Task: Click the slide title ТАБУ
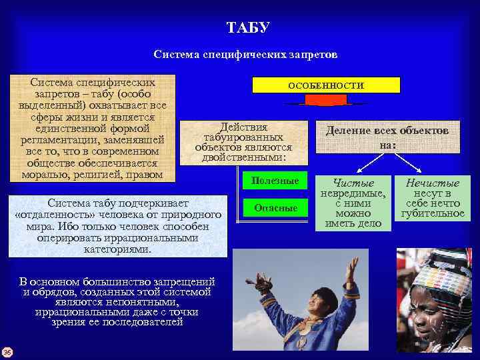coord(248,28)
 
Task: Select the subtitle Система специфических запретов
coord(245,54)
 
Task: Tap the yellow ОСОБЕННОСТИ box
coord(325,85)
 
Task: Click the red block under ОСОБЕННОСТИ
coord(325,100)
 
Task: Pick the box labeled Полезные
coord(275,181)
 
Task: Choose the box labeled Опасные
coord(275,208)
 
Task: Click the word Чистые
coord(353,183)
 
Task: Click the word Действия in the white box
coord(244,127)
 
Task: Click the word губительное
coord(433,213)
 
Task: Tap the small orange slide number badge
coord(6,352)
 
